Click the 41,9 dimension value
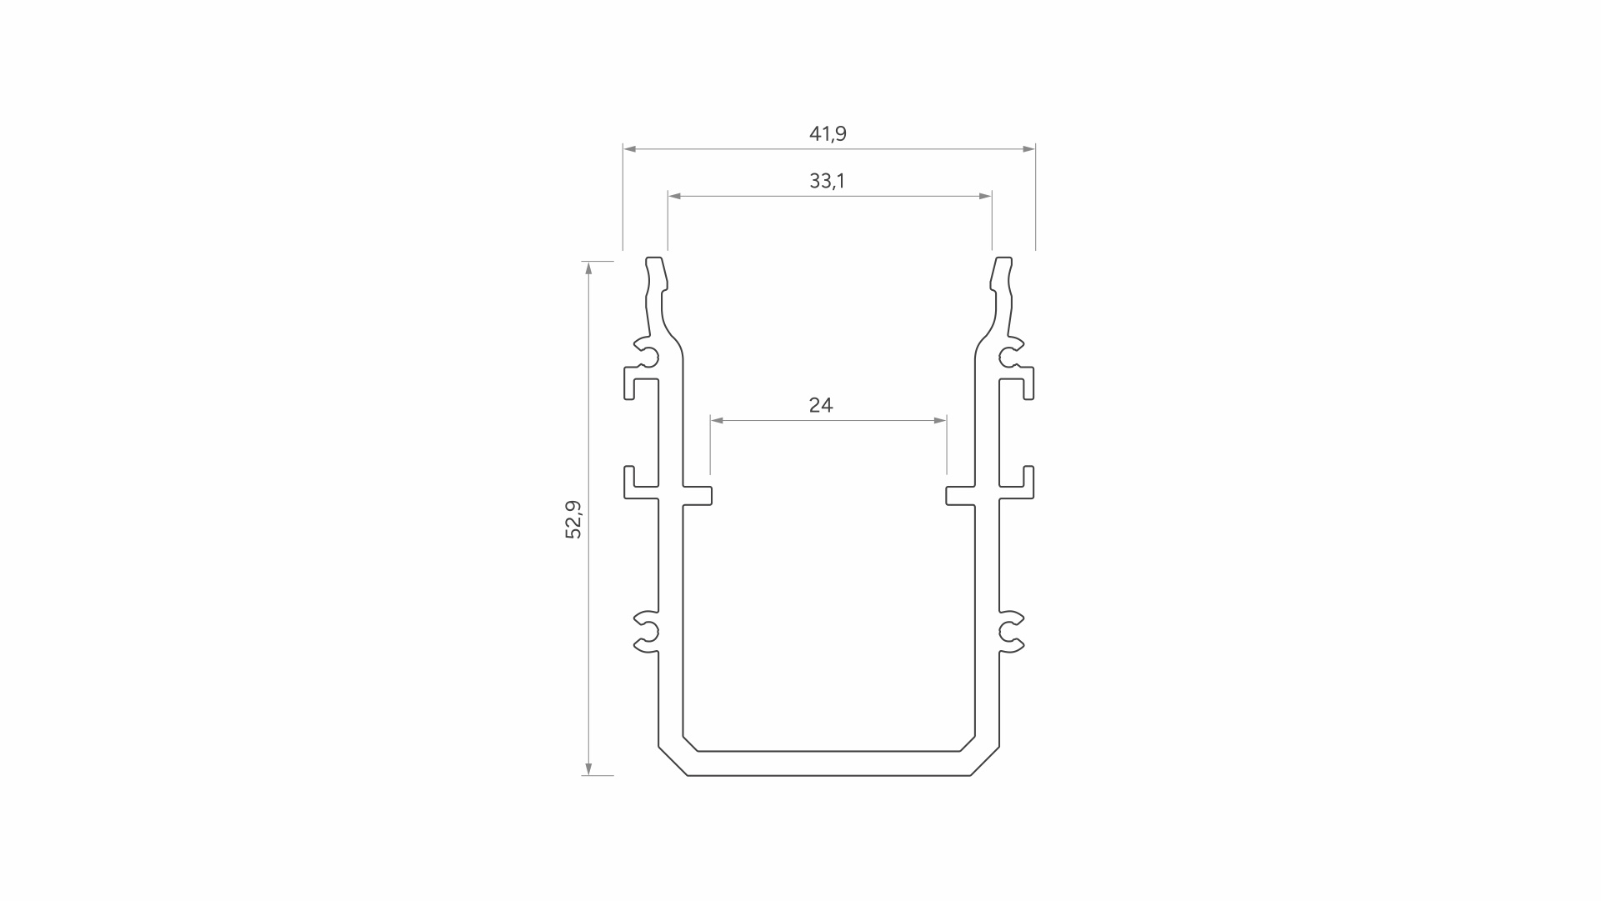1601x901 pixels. pos(828,133)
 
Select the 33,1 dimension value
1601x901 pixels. pos(827,181)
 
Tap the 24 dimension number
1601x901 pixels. pos(821,405)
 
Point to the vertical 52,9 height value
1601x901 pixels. pos(573,519)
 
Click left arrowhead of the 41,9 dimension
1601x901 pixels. pos(630,149)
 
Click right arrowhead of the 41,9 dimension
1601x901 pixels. pos(1028,149)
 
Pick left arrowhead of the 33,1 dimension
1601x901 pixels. pos(675,196)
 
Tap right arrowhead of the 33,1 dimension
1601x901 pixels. pos(985,196)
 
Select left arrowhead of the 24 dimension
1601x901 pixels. pos(718,421)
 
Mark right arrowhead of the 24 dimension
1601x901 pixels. pos(939,421)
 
